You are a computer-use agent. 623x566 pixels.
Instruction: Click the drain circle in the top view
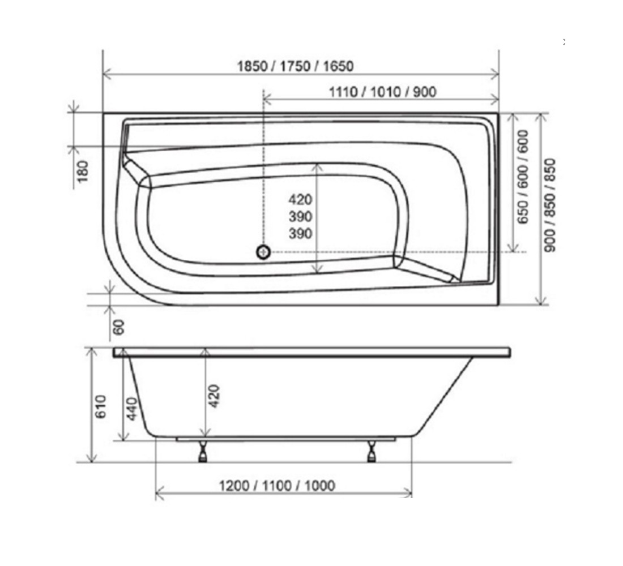(x=263, y=252)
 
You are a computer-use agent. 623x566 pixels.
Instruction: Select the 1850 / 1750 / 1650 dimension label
(x=295, y=66)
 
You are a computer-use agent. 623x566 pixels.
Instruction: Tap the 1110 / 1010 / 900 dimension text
(x=383, y=92)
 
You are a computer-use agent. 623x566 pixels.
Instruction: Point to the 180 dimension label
(x=83, y=171)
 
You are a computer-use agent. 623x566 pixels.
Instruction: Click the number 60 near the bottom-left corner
(x=118, y=327)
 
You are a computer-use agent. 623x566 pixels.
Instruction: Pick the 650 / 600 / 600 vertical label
(x=523, y=177)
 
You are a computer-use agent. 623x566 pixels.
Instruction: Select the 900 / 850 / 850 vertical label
(x=551, y=205)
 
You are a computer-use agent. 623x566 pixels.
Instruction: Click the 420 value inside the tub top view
(x=300, y=199)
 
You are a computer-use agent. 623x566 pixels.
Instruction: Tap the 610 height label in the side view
(x=101, y=406)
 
